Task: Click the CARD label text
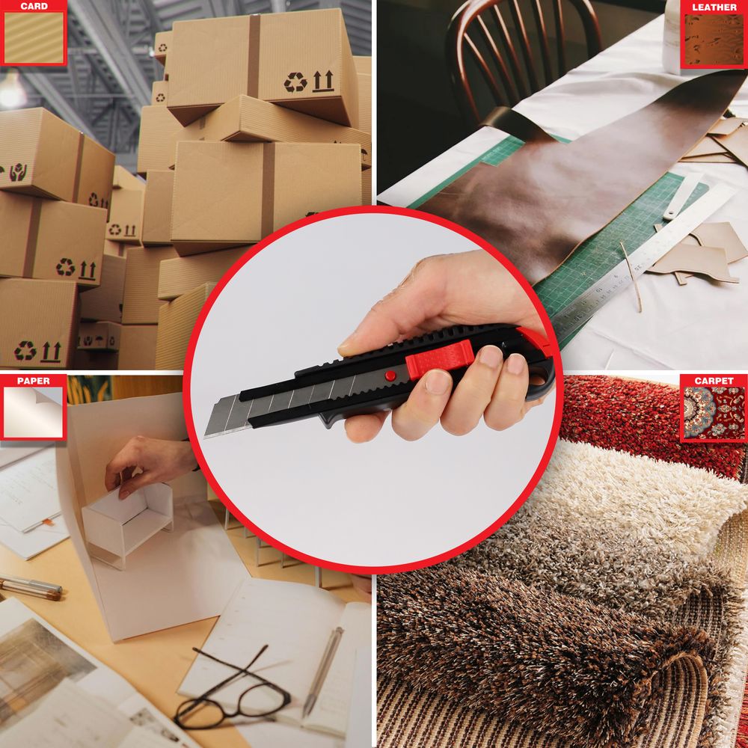tap(34, 6)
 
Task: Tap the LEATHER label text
tap(714, 7)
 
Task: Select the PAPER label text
tap(34, 381)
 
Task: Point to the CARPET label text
tap(714, 381)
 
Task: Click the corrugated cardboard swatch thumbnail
tap(34, 37)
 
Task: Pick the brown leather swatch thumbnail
tap(714, 40)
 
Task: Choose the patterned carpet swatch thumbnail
tap(714, 412)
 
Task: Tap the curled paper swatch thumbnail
tap(34, 411)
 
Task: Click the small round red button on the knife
tap(390, 375)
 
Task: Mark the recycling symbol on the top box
tap(295, 82)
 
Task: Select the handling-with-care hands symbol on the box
tap(18, 172)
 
